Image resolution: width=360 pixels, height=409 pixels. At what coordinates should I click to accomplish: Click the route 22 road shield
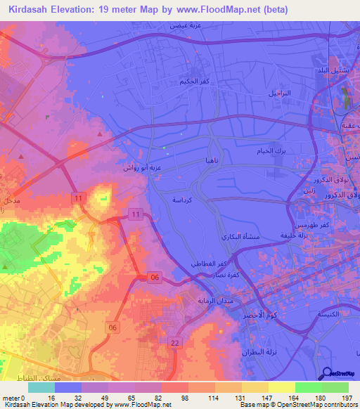[175, 342]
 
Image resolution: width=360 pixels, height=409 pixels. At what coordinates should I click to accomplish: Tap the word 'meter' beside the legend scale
[11, 398]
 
